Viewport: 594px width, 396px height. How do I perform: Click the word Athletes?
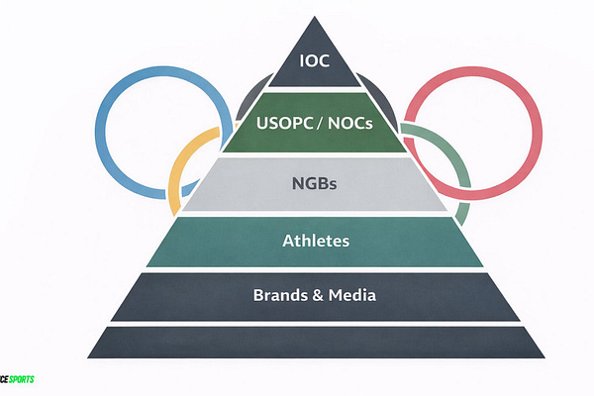[x=315, y=240]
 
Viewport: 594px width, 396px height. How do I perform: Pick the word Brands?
[x=280, y=295]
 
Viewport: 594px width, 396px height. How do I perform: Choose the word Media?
[x=354, y=295]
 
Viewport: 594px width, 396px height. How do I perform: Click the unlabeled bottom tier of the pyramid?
[x=315, y=343]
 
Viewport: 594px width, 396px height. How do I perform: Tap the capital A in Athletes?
[x=288, y=240]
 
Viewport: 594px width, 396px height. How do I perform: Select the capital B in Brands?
[x=259, y=295]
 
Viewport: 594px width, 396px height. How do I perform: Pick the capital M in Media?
[x=340, y=295]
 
